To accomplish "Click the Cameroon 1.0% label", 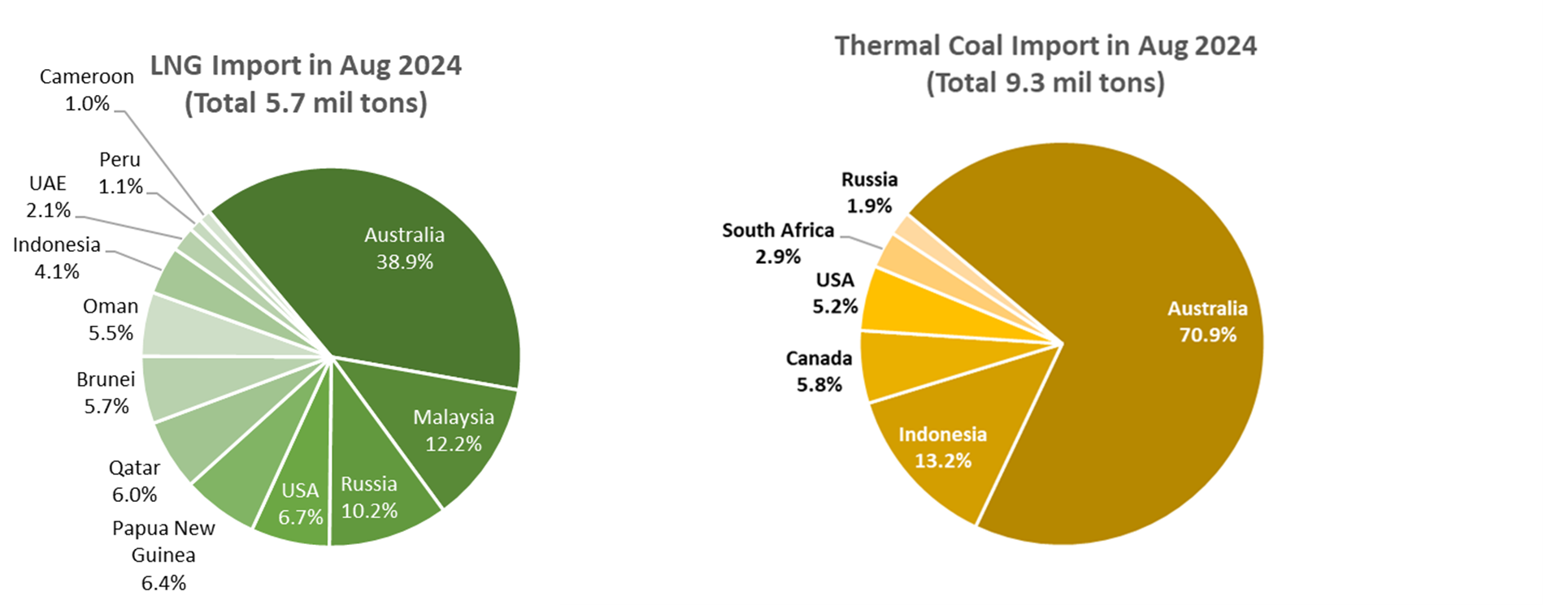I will click(x=87, y=89).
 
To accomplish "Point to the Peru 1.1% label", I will click(x=120, y=173).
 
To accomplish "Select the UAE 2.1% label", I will click(x=48, y=197).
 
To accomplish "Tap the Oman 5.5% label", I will click(x=111, y=319).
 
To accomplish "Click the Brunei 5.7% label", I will click(x=106, y=392).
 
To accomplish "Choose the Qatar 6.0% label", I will click(x=134, y=481).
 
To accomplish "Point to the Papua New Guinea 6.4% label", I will click(x=163, y=555).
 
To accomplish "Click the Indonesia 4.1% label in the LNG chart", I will click(x=57, y=257).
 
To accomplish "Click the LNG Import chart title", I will click(x=306, y=84).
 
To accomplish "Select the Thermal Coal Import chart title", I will click(x=1045, y=63).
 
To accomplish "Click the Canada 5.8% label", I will click(x=819, y=371).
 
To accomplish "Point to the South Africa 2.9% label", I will click(x=778, y=243).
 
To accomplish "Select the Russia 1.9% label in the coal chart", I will click(x=869, y=192).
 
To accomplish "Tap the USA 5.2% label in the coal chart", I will click(x=835, y=293).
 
